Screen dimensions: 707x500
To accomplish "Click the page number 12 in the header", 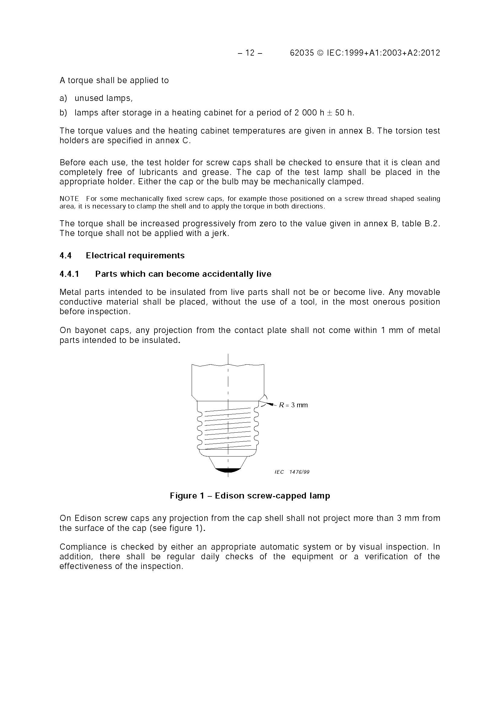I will [x=250, y=53].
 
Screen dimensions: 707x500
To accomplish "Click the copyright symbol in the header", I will [x=320, y=53].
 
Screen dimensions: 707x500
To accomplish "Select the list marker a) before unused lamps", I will [x=63, y=98].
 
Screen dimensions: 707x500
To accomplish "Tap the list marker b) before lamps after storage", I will [x=63, y=113].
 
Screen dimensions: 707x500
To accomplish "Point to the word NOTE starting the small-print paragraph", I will [x=69, y=199].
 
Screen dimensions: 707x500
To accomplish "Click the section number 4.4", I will [x=65, y=256].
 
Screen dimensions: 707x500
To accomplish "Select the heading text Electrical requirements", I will [x=135, y=256].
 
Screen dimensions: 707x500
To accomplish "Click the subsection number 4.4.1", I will [x=69, y=274].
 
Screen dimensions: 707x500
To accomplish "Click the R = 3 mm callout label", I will [x=293, y=405].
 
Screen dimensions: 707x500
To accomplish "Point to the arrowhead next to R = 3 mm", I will [x=270, y=404].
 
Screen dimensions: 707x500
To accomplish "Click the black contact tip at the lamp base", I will [x=228, y=470].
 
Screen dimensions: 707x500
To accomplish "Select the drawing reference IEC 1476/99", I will [x=292, y=472].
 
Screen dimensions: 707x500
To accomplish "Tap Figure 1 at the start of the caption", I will [x=187, y=496].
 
